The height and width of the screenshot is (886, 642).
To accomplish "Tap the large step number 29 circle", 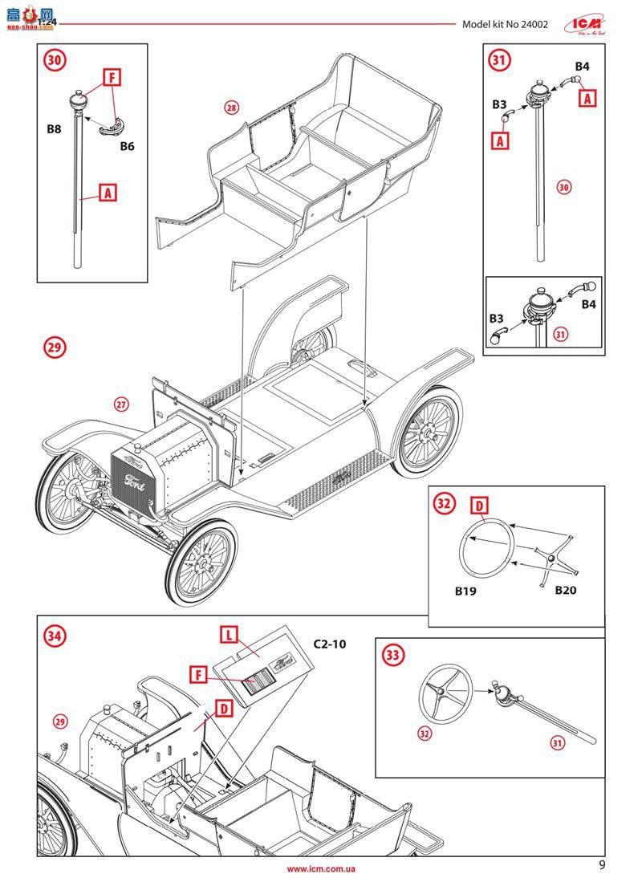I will [x=55, y=347].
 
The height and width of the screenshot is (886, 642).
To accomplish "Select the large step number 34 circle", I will [x=55, y=636].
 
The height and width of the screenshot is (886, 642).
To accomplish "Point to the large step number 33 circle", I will [x=393, y=656].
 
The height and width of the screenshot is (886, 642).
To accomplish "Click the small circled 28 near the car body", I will [x=232, y=108].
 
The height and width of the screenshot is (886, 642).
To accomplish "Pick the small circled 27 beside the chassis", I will [x=120, y=404].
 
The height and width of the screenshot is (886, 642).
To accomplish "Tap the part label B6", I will [x=127, y=146].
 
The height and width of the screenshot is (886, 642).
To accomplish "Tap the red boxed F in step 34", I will [x=195, y=676].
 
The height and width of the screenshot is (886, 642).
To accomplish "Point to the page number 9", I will [x=602, y=866].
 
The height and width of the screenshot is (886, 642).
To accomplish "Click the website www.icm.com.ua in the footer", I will [x=321, y=869].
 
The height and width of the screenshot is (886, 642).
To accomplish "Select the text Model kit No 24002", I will [x=505, y=24].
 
